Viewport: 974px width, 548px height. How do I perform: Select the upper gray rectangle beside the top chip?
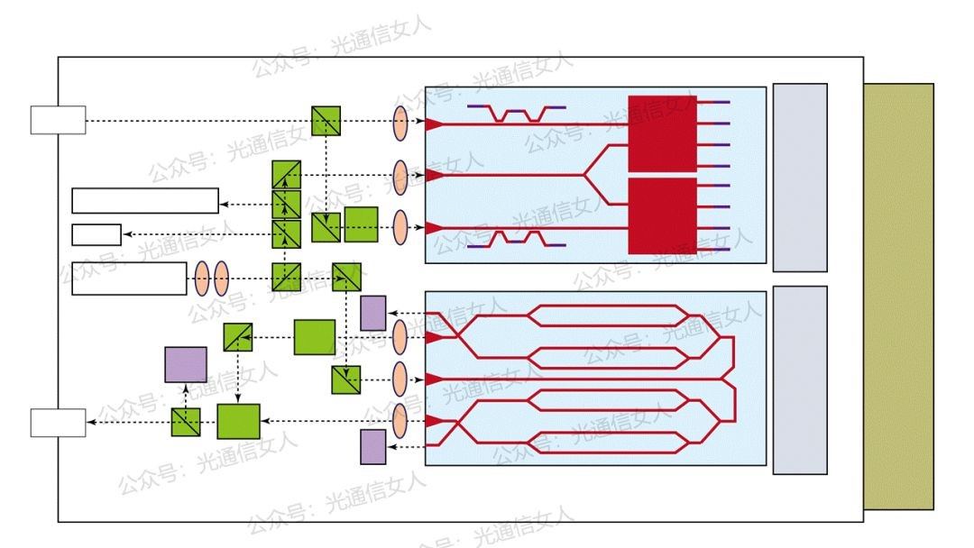point(800,178)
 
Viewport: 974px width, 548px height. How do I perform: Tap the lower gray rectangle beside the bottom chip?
point(800,379)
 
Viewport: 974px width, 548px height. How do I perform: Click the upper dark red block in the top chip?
point(662,133)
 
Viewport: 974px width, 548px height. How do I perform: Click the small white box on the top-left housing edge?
point(58,120)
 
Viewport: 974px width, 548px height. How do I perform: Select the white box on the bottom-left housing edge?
point(58,423)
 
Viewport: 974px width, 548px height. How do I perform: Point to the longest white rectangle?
point(145,200)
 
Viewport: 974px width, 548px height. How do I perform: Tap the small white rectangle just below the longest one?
point(96,234)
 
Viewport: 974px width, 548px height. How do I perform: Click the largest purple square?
point(186,364)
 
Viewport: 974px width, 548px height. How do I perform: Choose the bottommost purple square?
point(373,447)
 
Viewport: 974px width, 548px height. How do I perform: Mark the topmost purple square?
point(373,313)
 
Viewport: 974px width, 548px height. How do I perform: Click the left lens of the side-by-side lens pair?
point(202,279)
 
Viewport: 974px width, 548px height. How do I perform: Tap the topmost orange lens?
point(400,122)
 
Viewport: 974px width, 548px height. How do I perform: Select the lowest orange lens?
point(400,421)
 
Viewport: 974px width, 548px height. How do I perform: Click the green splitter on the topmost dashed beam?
point(326,121)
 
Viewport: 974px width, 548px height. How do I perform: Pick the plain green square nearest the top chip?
point(361,224)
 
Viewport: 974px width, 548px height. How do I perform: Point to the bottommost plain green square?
point(238,421)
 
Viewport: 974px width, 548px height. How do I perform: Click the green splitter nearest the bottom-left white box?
point(186,422)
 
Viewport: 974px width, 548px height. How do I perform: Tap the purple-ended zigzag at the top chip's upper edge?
point(517,114)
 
